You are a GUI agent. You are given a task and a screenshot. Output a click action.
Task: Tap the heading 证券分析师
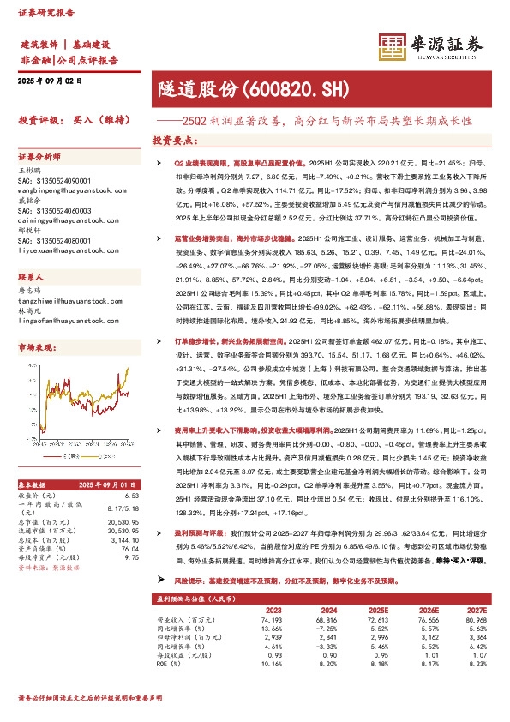click(x=39, y=157)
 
